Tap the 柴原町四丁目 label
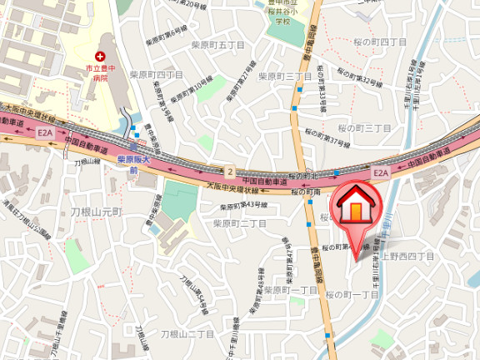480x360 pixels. coord(157,74)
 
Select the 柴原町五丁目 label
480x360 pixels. coord(216,46)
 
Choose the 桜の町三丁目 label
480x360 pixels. coord(364,127)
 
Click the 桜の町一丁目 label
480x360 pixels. coord(352,295)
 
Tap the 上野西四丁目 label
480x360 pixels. coord(408,256)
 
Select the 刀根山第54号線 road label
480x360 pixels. coord(192,297)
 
